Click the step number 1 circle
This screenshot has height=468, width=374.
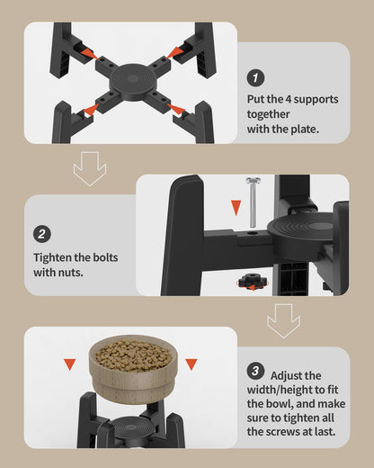tap(255, 78)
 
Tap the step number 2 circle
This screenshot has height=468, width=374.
tap(42, 234)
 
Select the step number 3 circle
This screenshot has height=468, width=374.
tap(255, 371)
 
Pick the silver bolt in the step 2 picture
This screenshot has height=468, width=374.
tap(253, 202)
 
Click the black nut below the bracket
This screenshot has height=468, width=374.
tap(253, 282)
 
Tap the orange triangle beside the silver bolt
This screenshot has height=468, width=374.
tap(236, 208)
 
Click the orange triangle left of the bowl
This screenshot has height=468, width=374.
tap(70, 364)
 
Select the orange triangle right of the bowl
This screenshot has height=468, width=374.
tap(191, 364)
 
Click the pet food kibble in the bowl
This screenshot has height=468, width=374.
tap(134, 355)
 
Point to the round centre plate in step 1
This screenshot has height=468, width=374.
tap(133, 79)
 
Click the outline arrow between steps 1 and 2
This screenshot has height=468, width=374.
tap(90, 168)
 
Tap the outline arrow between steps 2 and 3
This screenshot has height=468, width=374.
tap(283, 321)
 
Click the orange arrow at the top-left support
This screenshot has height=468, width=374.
tap(89, 52)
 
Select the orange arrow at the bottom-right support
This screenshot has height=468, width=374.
tap(176, 109)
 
